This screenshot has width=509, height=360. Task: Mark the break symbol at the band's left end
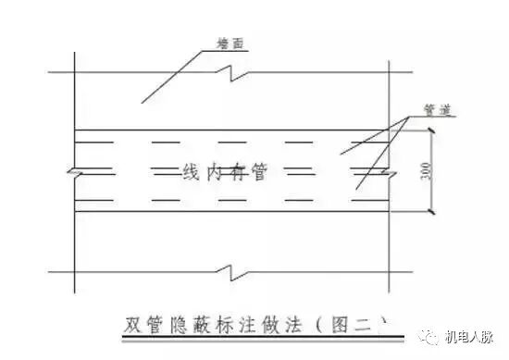click(75, 171)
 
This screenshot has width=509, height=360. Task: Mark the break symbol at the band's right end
click(389, 171)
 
